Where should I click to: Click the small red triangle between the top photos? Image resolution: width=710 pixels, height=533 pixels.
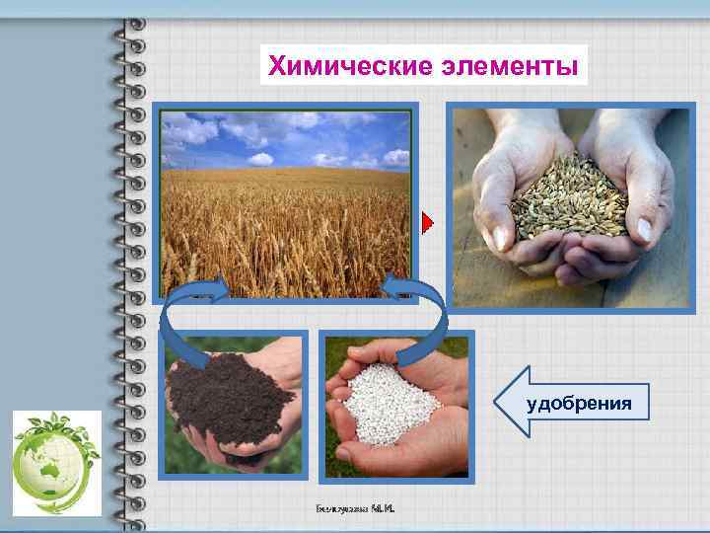point(427,223)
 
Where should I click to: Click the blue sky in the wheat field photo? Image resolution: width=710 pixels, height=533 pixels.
point(286,138)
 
